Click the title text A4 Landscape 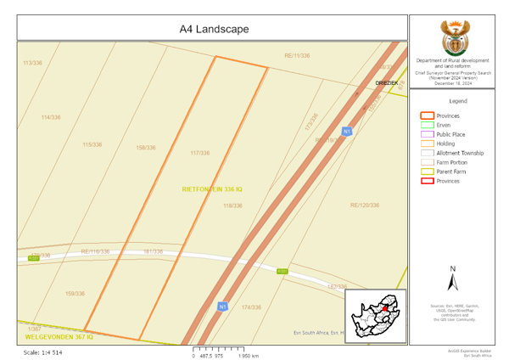tap(214, 29)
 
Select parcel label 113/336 tap(32, 64)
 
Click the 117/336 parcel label tap(200, 153)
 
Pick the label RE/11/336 tap(297, 56)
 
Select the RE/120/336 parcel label tap(365, 205)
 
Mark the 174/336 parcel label tap(251, 307)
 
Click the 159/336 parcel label tap(75, 294)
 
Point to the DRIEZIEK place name tap(387, 83)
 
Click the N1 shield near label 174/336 tap(222, 307)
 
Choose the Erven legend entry tap(444, 125)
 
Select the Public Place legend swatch tap(428, 134)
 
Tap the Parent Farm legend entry tap(450, 172)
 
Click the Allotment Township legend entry tap(460, 153)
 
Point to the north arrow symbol tap(452, 280)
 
